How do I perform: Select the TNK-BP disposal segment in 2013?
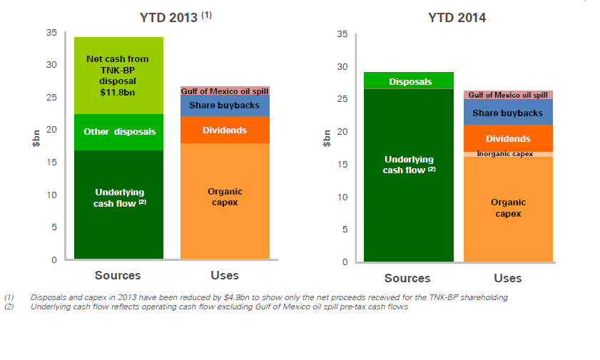118,76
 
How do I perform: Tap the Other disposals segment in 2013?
118,132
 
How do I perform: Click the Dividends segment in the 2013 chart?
225,130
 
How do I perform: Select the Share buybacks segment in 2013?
225,106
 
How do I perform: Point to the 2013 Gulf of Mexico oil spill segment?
225,91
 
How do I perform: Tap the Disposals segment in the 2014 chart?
410,81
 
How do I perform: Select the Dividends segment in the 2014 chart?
508,138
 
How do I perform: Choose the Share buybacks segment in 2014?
508,113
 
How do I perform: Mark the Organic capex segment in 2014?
508,208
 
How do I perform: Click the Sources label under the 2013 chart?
118,275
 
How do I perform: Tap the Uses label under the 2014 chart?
508,278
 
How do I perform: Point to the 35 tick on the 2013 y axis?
51,32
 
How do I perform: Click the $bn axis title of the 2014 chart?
326,138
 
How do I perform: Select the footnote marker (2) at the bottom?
9,307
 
